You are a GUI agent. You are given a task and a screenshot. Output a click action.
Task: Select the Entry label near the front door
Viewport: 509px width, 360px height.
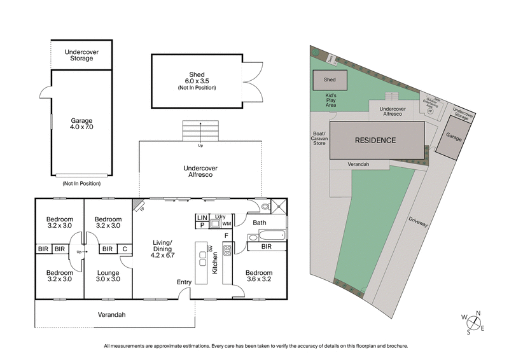[185, 282]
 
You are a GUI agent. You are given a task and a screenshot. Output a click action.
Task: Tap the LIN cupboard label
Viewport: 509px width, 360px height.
[202, 218]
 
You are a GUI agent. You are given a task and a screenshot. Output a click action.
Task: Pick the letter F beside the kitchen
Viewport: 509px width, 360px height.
[226, 236]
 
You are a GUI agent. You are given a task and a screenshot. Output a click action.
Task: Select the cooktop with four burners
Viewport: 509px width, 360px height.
[227, 249]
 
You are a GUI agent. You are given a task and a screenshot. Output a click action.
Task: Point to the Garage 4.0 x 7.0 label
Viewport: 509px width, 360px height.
[81, 123]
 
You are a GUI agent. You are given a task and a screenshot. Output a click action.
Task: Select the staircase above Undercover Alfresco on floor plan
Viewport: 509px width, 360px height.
[201, 131]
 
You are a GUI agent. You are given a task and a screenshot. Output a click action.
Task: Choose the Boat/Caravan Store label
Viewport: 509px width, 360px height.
[319, 139]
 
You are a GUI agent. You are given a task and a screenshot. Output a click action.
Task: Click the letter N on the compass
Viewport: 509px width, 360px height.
[478, 312]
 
